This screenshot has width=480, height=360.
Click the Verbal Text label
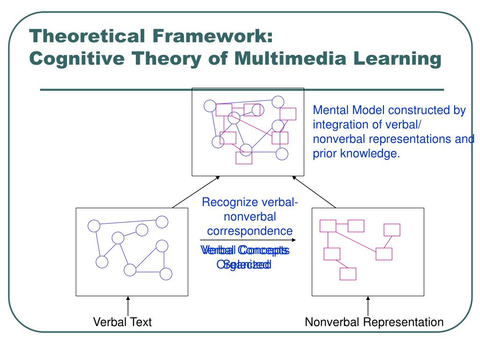pos(122,322)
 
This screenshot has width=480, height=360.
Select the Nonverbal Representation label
pos(374,322)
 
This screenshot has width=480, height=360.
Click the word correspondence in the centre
pos(250,231)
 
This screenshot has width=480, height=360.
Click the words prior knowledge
pos(356,153)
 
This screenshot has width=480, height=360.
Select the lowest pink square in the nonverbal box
pos(347,274)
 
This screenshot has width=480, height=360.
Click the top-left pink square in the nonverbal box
pos(328,225)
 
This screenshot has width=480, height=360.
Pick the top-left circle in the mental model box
pos(210,105)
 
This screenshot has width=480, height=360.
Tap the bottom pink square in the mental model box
pos(244,158)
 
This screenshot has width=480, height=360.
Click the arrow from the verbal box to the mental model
pos(196,192)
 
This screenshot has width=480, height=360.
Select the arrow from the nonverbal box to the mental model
pos(314,192)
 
